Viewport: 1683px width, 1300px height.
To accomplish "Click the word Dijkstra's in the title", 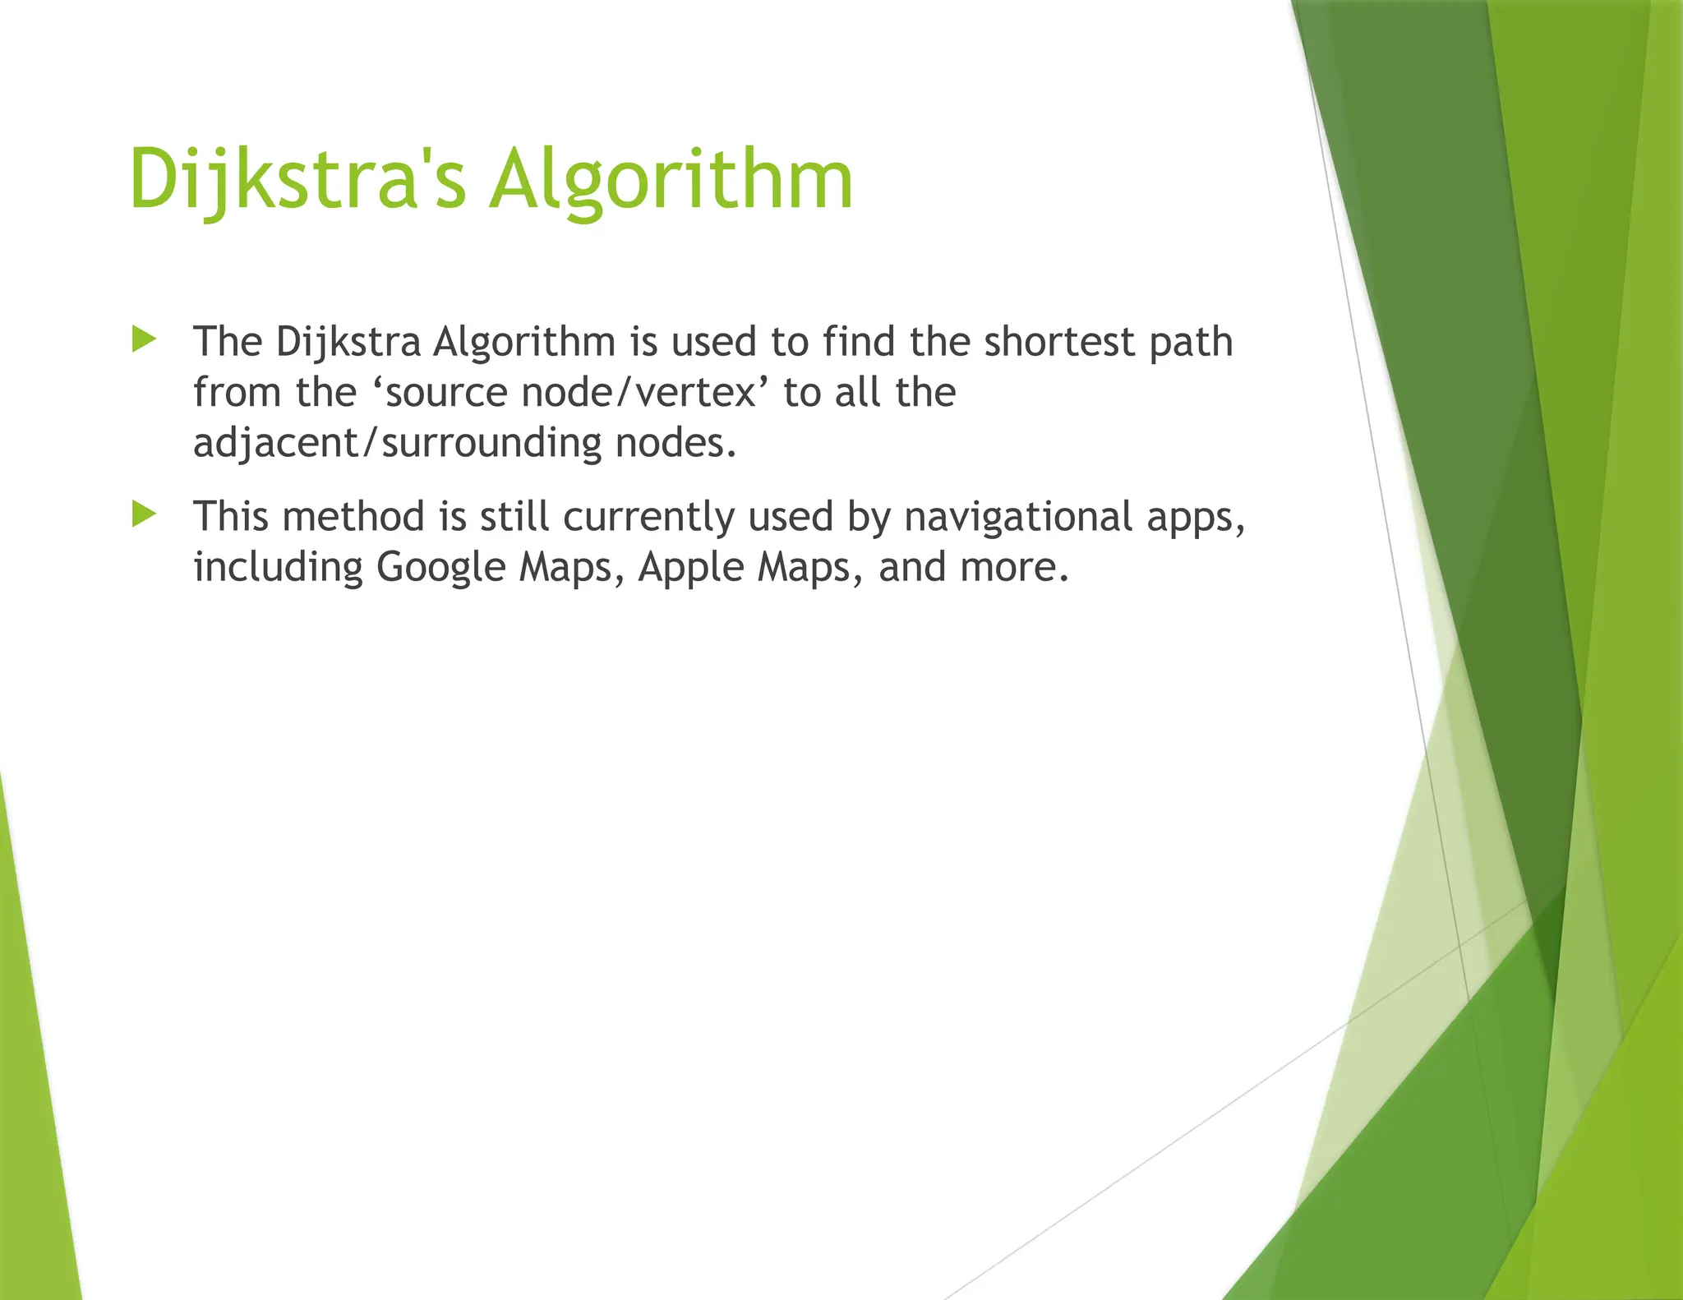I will pyautogui.click(x=297, y=179).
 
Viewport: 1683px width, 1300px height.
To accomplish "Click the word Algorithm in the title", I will pyautogui.click(x=671, y=179).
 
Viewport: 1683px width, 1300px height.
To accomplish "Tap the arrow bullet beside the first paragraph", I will pyautogui.click(x=144, y=339).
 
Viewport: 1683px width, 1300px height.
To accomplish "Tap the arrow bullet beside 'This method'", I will pyautogui.click(x=144, y=514).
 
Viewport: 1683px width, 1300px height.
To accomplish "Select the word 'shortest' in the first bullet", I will pyautogui.click(x=1058, y=341).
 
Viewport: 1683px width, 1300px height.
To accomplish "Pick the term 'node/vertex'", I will pyautogui.click(x=639, y=393).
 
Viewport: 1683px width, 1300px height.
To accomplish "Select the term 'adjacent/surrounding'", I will pyautogui.click(x=398, y=444).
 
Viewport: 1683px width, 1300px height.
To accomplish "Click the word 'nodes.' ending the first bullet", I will pyautogui.click(x=676, y=443).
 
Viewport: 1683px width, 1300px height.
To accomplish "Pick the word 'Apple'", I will pyautogui.click(x=690, y=568).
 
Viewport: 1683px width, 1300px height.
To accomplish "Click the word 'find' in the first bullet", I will pyautogui.click(x=859, y=341).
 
